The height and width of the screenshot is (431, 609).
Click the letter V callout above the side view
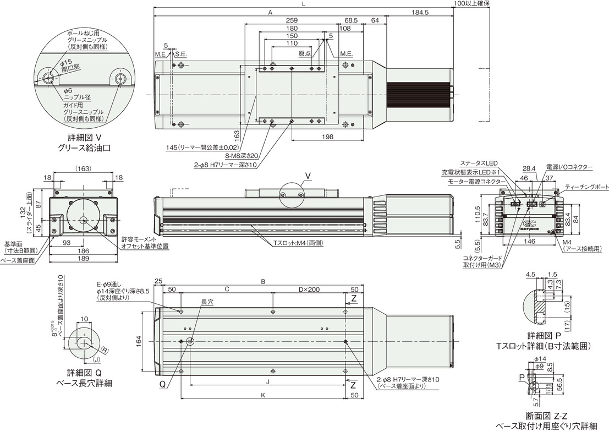[x=308, y=176]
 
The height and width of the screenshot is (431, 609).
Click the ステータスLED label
[x=479, y=163]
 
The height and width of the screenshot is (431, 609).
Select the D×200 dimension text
[x=309, y=289]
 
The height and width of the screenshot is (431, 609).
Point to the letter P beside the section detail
[x=521, y=378]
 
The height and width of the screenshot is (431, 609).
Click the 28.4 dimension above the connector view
[x=529, y=168]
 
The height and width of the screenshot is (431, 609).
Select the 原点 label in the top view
[x=304, y=54]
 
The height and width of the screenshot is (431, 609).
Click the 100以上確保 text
[x=472, y=3]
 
